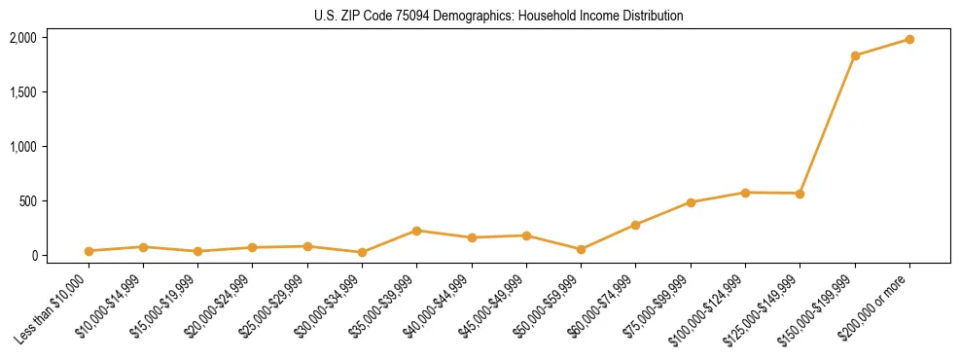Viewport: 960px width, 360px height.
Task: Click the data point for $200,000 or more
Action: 909,39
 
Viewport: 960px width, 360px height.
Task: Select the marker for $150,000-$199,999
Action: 855,55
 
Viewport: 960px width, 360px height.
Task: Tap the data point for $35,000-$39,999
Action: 416,231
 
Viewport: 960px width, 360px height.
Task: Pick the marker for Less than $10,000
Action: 89,251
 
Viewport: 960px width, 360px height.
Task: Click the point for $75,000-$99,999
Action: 691,202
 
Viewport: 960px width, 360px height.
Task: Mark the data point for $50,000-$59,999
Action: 581,249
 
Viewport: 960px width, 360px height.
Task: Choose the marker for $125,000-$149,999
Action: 800,194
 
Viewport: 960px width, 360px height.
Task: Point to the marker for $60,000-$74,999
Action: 635,225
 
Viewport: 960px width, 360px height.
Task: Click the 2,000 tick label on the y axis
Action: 22,38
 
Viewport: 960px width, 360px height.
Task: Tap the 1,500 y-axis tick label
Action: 22,92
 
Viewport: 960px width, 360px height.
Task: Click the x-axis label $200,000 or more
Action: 874,305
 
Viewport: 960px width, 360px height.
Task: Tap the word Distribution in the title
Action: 652,17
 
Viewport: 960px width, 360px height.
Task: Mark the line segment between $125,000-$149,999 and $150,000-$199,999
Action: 828,125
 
